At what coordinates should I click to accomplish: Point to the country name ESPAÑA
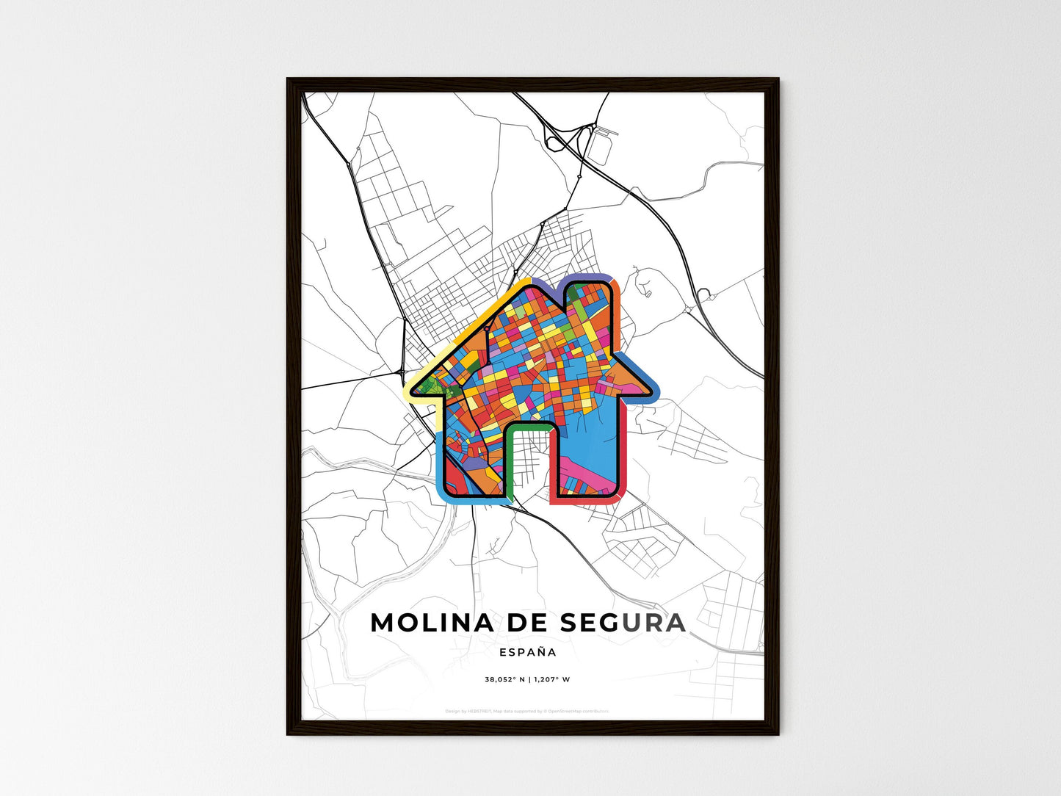click(527, 652)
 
